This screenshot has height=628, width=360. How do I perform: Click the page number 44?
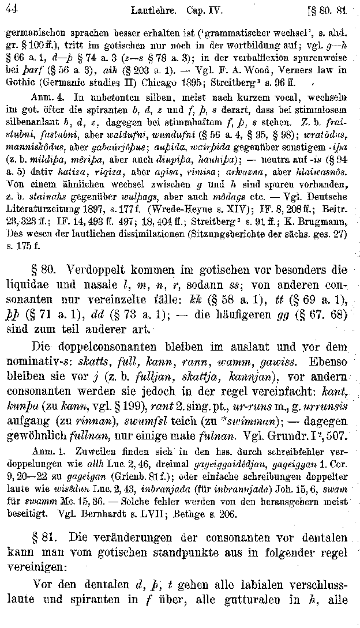11,9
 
